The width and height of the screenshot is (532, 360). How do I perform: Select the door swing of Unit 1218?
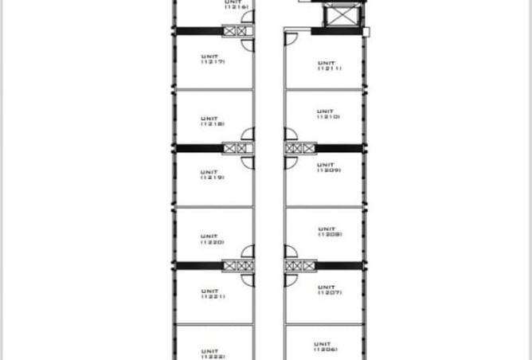pos(248,135)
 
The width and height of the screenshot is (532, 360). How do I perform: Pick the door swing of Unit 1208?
pos(291,251)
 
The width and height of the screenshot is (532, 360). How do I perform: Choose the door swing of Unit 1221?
pos(248,280)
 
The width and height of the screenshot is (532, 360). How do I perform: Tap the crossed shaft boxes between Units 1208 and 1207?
pos(300,265)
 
